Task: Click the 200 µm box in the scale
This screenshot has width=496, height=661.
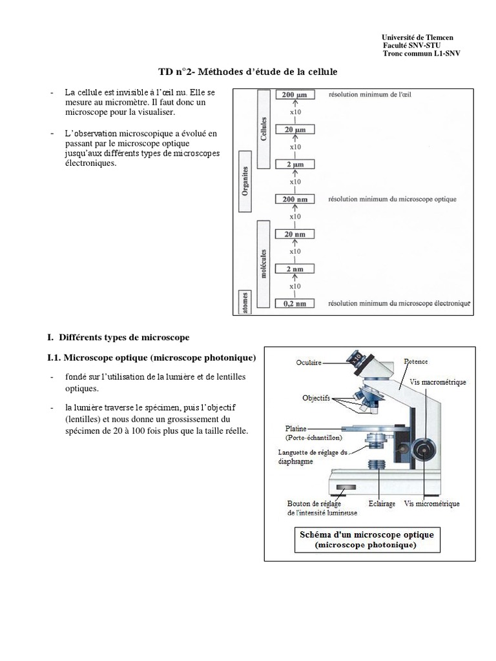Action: [x=294, y=95]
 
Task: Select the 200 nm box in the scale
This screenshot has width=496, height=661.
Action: [x=294, y=199]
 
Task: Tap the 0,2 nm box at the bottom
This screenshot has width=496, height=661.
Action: [x=294, y=303]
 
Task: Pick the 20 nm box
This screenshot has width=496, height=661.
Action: [x=294, y=234]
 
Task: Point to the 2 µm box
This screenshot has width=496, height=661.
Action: [x=294, y=165]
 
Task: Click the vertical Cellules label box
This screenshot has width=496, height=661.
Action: [x=263, y=128]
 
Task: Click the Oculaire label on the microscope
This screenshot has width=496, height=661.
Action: [x=309, y=363]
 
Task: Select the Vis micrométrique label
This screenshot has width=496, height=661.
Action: [x=431, y=503]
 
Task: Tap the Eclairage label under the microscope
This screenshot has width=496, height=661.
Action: [x=382, y=503]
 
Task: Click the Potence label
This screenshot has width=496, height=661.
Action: [x=416, y=361]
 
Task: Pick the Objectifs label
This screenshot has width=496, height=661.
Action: [x=316, y=398]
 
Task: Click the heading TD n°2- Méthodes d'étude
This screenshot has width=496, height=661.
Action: [x=248, y=71]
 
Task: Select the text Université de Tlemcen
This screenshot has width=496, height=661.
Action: [x=417, y=37]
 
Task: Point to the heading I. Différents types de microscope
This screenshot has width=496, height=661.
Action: [x=118, y=337]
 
